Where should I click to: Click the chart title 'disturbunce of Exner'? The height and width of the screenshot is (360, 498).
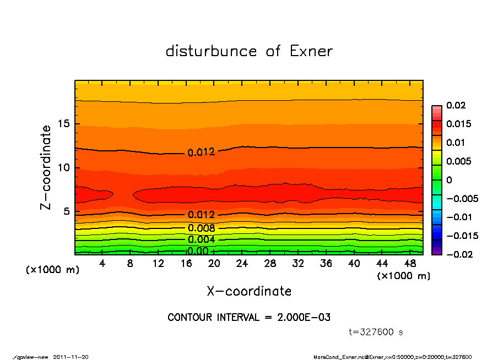click(249, 51)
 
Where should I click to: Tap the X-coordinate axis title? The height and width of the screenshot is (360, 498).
click(249, 291)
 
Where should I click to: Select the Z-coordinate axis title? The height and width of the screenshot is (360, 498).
click(46, 167)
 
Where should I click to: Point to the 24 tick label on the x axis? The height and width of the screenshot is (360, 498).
click(242, 264)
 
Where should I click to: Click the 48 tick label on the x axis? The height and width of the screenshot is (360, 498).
click(410, 264)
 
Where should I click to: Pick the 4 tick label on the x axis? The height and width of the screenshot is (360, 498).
click(102, 264)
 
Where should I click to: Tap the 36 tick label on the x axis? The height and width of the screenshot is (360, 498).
click(326, 264)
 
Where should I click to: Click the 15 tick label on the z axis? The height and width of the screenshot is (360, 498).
click(64, 124)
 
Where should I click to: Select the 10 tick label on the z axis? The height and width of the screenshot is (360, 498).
click(64, 167)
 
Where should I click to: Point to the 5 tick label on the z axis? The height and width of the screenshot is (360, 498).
click(67, 211)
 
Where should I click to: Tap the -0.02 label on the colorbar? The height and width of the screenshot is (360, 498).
click(457, 254)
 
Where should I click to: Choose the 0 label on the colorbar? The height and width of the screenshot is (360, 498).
click(449, 180)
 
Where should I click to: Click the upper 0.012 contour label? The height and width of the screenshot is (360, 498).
click(201, 152)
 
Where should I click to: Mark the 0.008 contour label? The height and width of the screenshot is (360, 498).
click(201, 228)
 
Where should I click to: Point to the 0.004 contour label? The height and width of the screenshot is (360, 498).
click(201, 239)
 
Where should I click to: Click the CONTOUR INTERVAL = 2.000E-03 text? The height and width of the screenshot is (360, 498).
click(249, 318)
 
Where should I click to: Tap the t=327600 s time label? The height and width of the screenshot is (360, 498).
click(376, 332)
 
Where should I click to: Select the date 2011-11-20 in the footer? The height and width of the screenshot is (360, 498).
click(71, 357)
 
